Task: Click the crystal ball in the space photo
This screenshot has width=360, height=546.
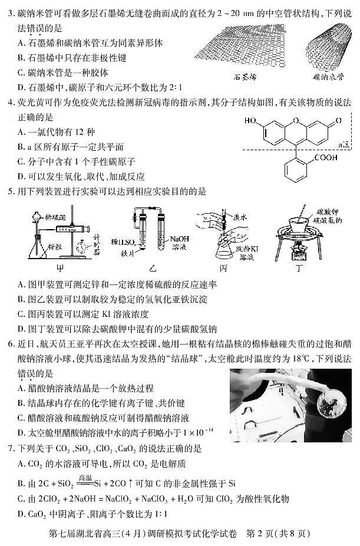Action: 325,407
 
